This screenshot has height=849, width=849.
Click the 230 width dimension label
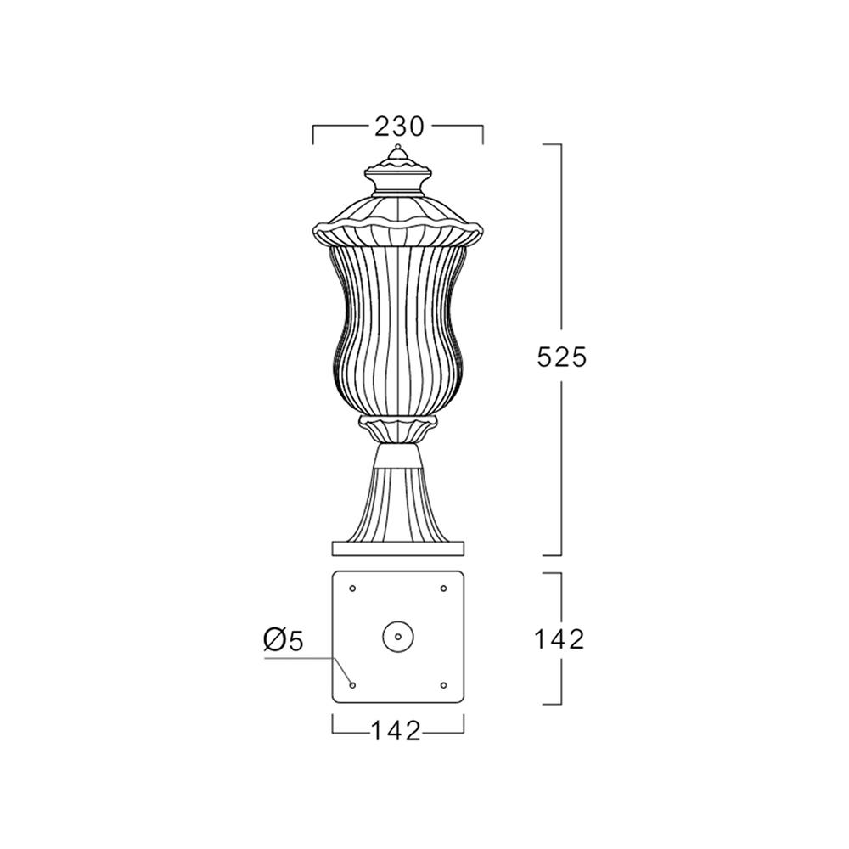tap(398, 127)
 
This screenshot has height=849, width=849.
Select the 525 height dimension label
tap(561, 357)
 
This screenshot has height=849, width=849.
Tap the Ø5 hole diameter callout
tap(284, 640)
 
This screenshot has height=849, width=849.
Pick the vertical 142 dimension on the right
tap(559, 639)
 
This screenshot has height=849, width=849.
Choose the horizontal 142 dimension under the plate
tap(396, 732)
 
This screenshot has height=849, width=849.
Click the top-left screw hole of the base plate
tap(352, 588)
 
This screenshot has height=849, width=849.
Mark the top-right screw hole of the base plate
tap(443, 588)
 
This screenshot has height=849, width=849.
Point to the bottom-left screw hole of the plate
tap(352, 685)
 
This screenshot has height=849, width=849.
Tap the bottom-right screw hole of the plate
tap(443, 685)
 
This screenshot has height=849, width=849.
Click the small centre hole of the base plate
tap(398, 636)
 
